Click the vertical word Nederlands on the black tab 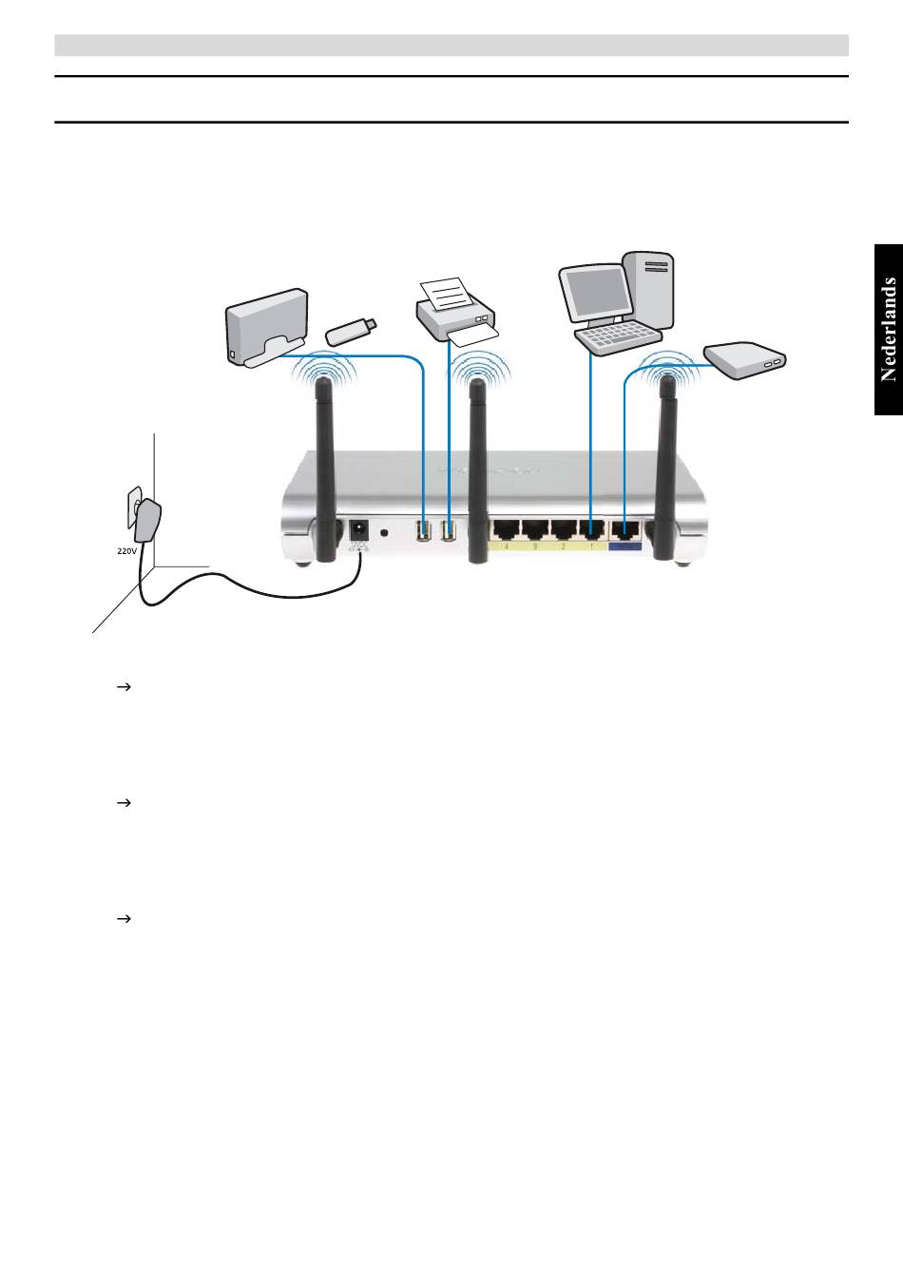click(x=889, y=329)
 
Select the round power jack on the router click(x=360, y=529)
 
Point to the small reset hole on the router click(x=385, y=532)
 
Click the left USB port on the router click(x=423, y=530)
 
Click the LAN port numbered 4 click(x=507, y=529)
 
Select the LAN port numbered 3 click(x=535, y=529)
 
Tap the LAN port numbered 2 click(x=565, y=529)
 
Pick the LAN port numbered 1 click(x=593, y=529)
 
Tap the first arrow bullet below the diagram click(x=122, y=686)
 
